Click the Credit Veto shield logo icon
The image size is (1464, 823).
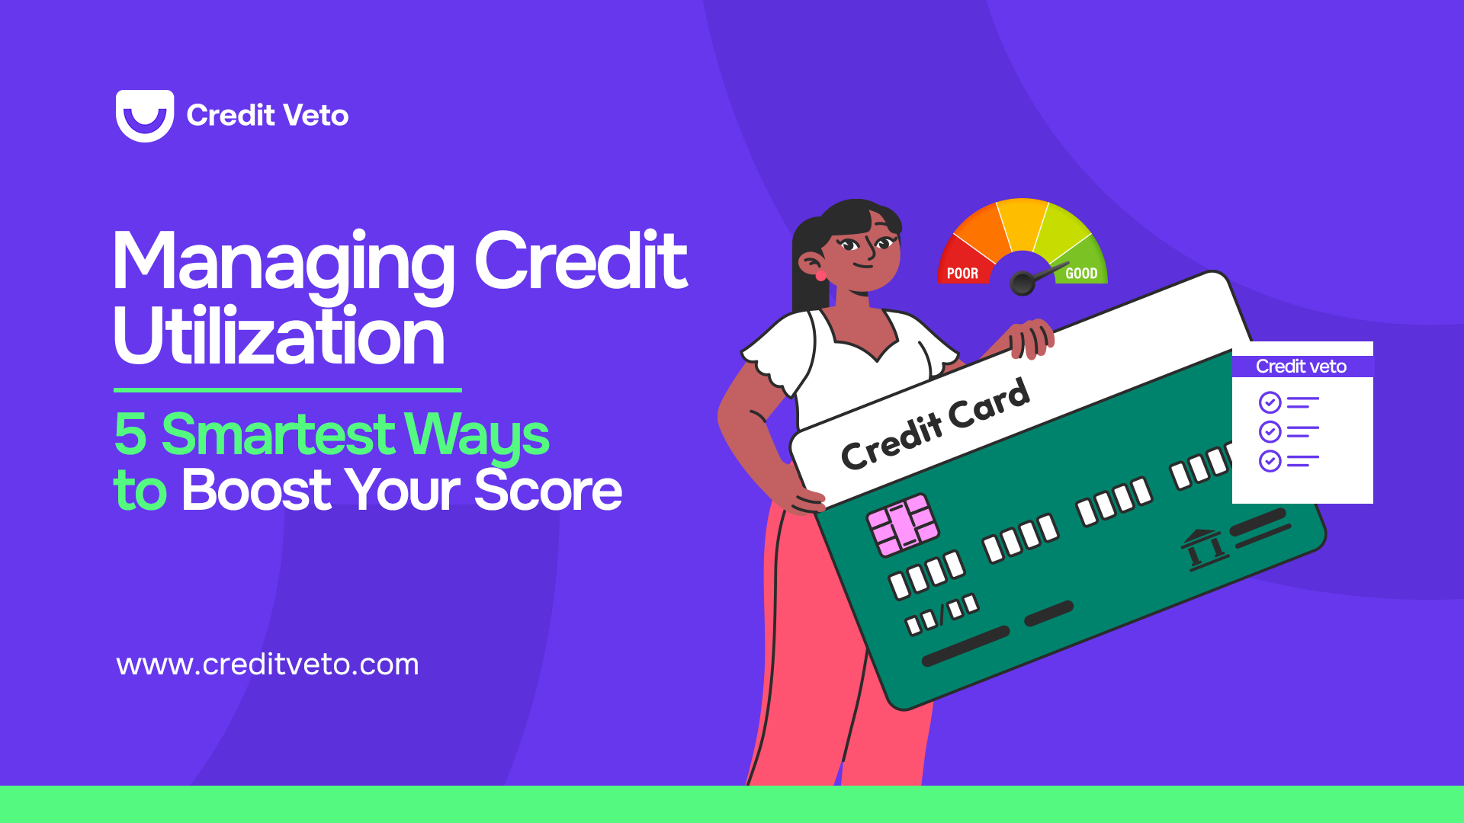point(145,115)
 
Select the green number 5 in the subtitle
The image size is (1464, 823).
point(130,434)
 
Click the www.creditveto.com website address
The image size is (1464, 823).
point(268,664)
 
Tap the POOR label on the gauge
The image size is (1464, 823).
point(962,274)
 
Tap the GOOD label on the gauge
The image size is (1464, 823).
point(1081,274)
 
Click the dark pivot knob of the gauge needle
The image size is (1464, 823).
point(1022,284)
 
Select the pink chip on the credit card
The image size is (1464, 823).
point(904,524)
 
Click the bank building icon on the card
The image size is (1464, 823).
point(1204,549)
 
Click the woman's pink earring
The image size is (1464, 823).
point(821,276)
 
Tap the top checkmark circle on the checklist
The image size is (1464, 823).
point(1270,402)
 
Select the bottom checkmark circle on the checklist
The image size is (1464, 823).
point(1270,461)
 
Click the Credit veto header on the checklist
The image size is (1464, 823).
point(1302,367)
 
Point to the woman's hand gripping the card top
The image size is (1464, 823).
point(1029,340)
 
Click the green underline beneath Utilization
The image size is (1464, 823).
point(287,390)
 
